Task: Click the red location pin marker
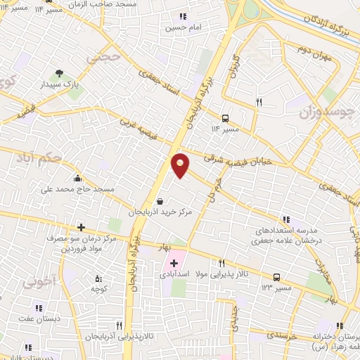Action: tap(181, 165)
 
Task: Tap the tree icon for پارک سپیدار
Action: tap(59, 72)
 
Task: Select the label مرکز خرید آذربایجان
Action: tap(161, 211)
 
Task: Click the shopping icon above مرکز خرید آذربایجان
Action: tap(161, 200)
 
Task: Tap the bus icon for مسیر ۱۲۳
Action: tap(277, 277)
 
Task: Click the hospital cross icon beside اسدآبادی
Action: tap(174, 262)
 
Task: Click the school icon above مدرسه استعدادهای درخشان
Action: tap(285, 219)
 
